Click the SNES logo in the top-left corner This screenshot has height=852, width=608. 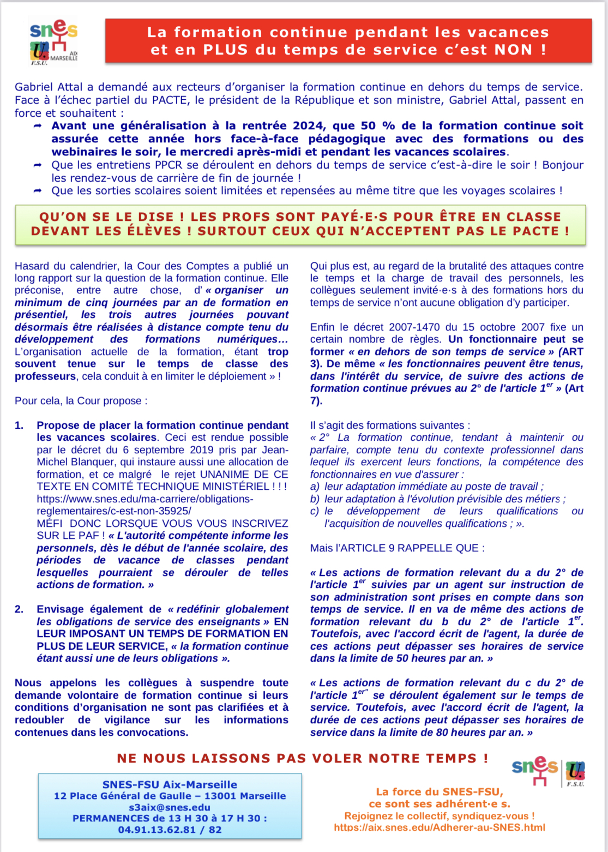click(53, 41)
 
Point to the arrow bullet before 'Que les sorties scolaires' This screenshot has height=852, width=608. click(38, 191)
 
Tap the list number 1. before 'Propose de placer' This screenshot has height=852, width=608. click(19, 425)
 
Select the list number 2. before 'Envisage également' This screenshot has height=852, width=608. click(19, 609)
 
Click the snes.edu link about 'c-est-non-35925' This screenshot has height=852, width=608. click(145, 505)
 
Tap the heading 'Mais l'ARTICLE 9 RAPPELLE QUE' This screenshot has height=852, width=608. click(397, 548)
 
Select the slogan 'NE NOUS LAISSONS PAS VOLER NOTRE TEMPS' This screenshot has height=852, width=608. click(302, 758)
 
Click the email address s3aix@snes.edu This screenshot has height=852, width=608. click(170, 807)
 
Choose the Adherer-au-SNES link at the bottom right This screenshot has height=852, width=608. click(440, 827)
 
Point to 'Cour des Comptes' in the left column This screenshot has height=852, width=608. click(145, 266)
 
